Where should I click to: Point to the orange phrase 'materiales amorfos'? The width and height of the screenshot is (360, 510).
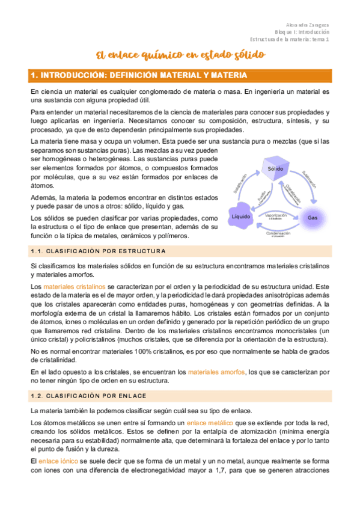216,372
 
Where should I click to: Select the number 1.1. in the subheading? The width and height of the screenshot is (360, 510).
38,250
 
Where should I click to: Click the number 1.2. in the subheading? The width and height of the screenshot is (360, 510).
38,395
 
